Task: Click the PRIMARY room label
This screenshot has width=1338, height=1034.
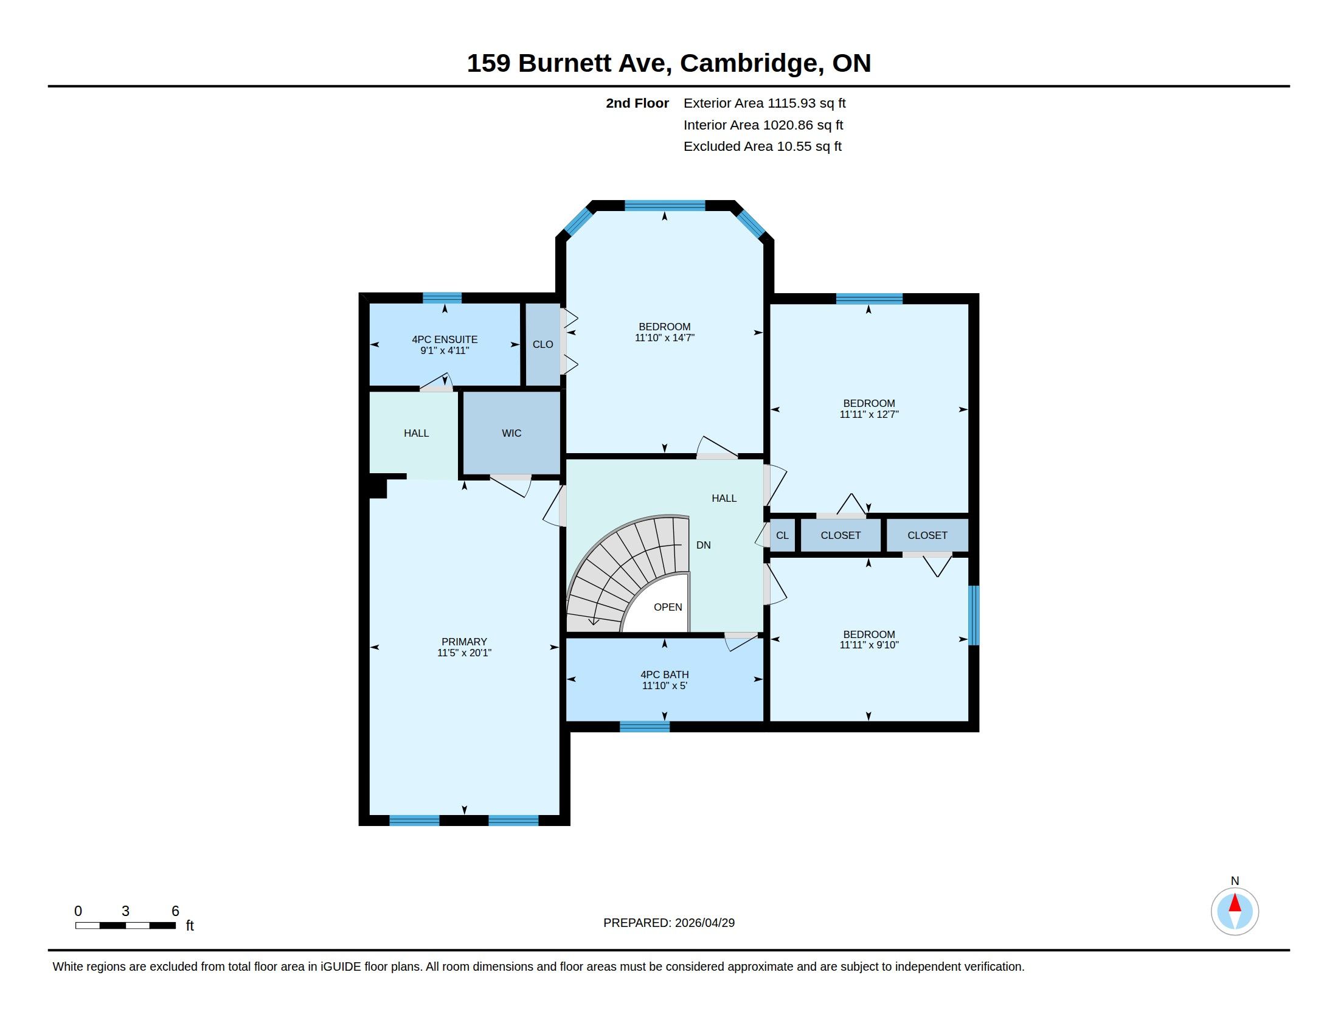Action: tap(464, 642)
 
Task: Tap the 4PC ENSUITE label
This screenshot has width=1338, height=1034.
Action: tap(445, 339)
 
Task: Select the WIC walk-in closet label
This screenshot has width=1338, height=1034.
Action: tap(511, 433)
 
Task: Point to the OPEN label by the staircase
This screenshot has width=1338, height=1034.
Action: tap(668, 607)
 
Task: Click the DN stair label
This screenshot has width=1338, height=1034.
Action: tap(703, 545)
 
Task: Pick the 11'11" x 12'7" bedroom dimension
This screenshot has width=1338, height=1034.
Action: tap(868, 414)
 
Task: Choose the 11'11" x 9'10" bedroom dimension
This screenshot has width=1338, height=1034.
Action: tap(868, 644)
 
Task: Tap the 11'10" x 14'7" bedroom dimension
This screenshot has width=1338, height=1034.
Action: tap(665, 338)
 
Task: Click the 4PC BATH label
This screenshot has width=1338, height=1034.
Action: tap(665, 675)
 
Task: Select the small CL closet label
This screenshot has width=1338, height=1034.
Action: tap(782, 535)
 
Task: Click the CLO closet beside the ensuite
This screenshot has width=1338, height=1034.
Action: tap(542, 344)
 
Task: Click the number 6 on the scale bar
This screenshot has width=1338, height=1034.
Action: tap(175, 911)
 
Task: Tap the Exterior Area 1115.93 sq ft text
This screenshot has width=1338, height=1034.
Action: tap(764, 103)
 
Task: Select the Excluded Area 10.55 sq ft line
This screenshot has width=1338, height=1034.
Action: tap(763, 147)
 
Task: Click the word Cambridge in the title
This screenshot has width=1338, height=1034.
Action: tap(751, 64)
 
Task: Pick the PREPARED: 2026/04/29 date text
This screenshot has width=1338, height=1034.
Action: tap(669, 923)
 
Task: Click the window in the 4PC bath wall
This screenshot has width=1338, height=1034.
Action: tap(645, 727)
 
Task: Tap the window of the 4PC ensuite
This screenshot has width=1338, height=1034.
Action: tap(442, 298)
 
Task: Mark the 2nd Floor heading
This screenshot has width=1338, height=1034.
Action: tap(637, 103)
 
